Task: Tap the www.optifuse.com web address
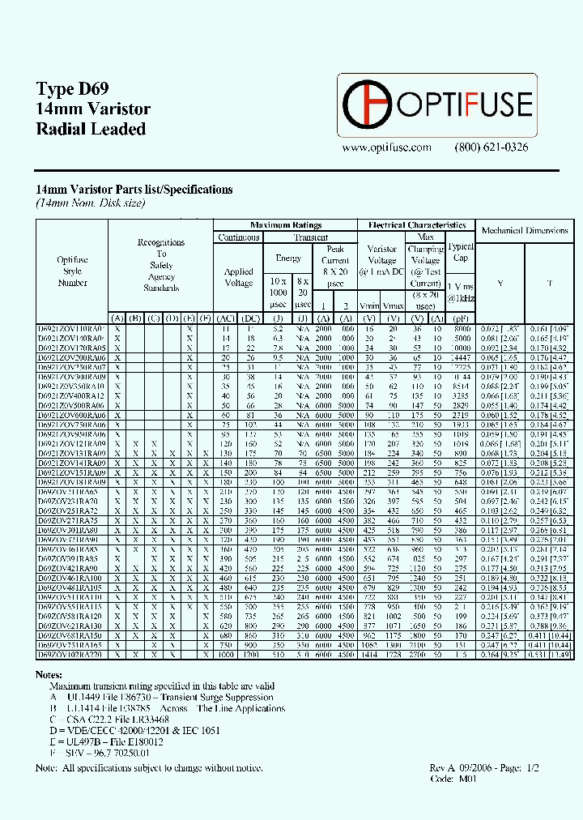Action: coord(386,147)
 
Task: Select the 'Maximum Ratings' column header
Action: coord(286,224)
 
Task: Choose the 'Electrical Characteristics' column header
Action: coord(416,224)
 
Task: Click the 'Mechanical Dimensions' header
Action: coord(525,231)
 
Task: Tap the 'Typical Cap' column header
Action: coord(461,252)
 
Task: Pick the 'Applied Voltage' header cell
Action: coord(238,278)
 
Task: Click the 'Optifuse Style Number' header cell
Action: coord(72,271)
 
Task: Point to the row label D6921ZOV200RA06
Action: coord(71,357)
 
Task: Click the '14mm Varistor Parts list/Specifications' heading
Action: coord(134,190)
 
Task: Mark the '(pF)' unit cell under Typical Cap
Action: coord(461,318)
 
